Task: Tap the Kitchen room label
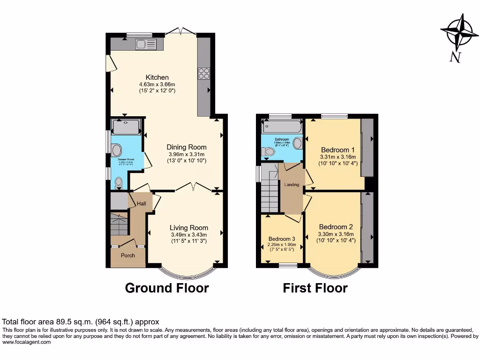click(x=157, y=77)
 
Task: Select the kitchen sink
click(x=146, y=44)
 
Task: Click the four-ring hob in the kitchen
click(x=204, y=73)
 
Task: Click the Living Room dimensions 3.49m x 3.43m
click(x=188, y=235)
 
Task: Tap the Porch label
click(x=128, y=255)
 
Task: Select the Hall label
click(x=141, y=203)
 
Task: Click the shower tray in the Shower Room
click(x=126, y=127)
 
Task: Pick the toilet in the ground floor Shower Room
click(x=119, y=182)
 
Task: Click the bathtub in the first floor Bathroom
click(x=283, y=127)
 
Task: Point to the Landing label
click(x=292, y=185)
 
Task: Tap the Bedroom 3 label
click(x=282, y=239)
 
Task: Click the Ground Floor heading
click(x=166, y=288)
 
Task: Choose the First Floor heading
click(x=315, y=288)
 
